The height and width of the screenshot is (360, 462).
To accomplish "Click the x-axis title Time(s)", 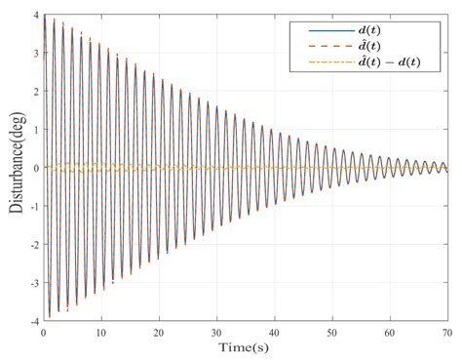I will (245, 348).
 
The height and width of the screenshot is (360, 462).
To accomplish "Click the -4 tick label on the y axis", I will (32, 320).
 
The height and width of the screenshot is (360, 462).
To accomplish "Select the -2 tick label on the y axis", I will (32, 244).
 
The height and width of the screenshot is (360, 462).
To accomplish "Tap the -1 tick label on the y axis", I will (32, 206).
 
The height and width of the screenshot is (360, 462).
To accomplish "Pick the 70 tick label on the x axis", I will (447, 332).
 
